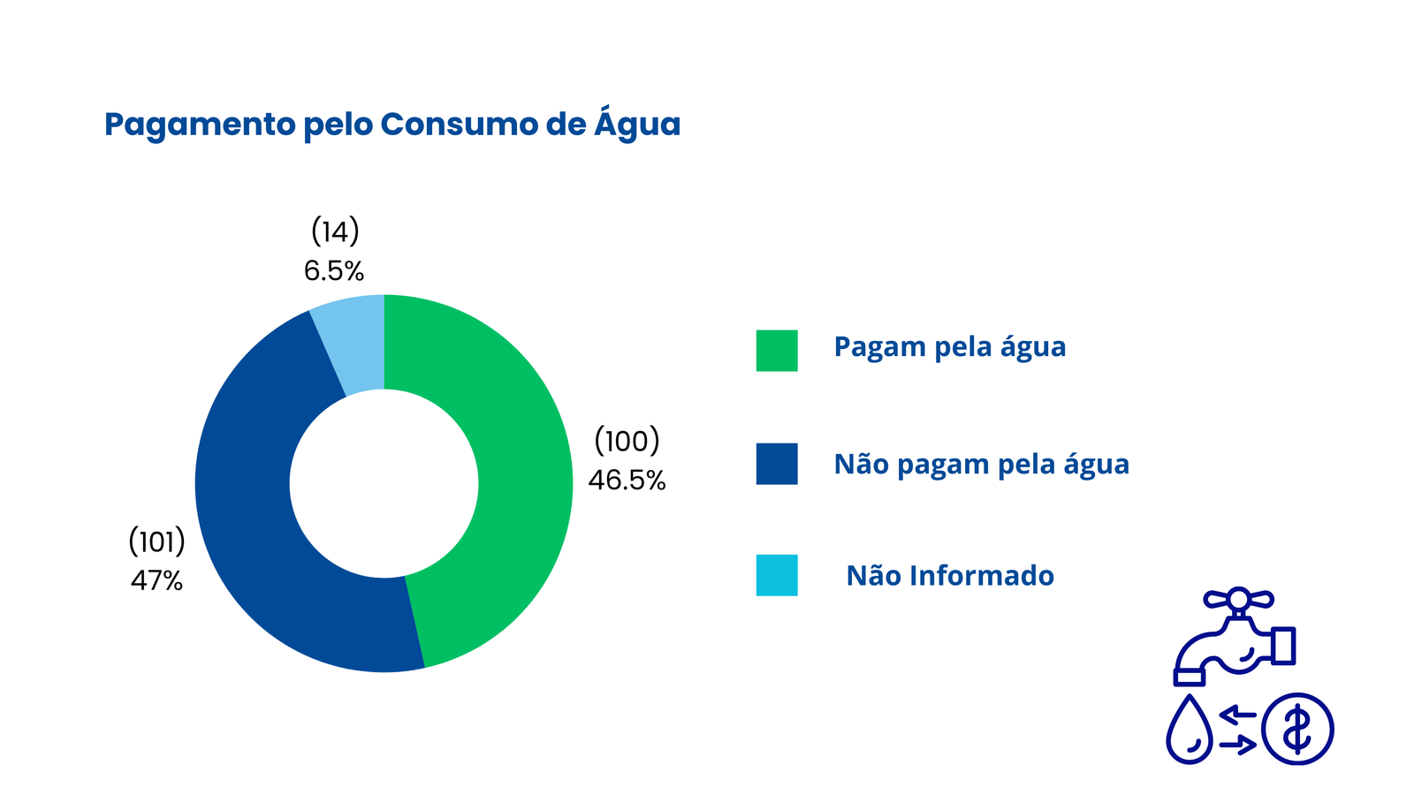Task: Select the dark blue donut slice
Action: click(253, 518)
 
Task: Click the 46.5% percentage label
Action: click(627, 481)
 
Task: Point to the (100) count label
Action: click(627, 441)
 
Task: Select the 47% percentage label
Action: click(156, 580)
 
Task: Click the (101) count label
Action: click(156, 541)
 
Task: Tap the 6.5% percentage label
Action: click(334, 271)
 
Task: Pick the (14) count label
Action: click(335, 231)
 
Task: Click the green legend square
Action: click(777, 350)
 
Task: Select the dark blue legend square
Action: click(777, 464)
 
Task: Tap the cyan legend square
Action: click(777, 575)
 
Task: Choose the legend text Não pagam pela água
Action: click(982, 465)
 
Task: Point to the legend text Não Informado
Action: click(950, 575)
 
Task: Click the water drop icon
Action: click(1190, 730)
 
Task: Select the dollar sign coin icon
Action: click(1298, 730)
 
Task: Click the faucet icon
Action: click(1235, 637)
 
